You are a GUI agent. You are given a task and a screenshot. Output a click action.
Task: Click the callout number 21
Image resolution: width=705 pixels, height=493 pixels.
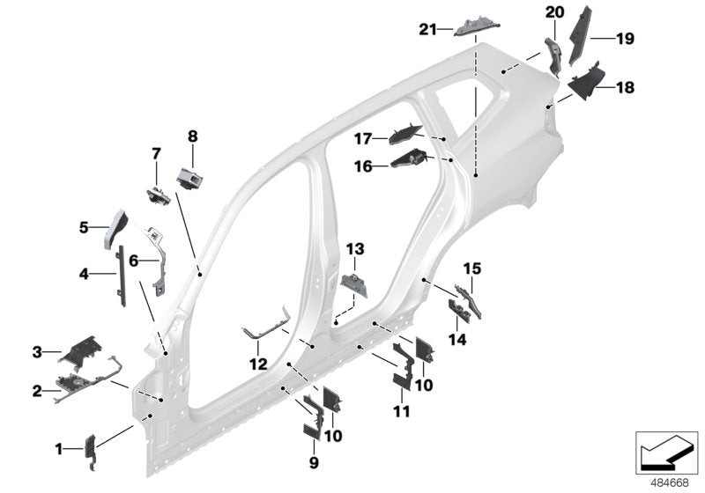point(427,29)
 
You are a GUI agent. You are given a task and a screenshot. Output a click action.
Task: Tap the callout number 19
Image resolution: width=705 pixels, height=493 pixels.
point(625,38)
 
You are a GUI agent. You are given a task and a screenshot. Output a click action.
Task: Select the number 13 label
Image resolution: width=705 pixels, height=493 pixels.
point(353,249)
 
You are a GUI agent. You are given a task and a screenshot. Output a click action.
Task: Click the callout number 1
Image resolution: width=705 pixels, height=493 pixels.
point(60,449)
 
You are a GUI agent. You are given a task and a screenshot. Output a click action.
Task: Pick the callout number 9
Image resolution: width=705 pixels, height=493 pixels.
point(314,460)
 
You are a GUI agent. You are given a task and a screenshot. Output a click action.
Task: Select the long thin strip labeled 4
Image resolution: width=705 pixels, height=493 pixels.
point(121,274)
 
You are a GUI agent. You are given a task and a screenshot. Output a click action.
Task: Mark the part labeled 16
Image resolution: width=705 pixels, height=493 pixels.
point(408,160)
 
